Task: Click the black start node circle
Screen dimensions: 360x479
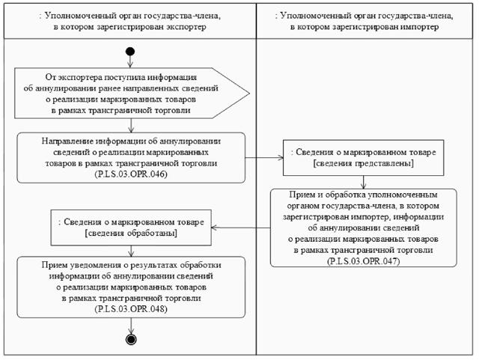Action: pyautogui.click(x=131, y=52)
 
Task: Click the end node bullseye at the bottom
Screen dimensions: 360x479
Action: pyautogui.click(x=132, y=339)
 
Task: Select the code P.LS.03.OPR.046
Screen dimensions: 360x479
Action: pyautogui.click(x=131, y=174)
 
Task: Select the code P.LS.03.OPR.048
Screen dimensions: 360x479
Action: pyautogui.click(x=131, y=308)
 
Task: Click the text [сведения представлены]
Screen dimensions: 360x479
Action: pyautogui.click(x=363, y=163)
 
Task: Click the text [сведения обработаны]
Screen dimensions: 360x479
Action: pyautogui.click(x=131, y=233)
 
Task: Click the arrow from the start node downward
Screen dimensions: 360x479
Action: pyautogui.click(x=131, y=61)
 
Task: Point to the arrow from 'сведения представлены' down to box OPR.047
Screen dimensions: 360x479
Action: pyautogui.click(x=364, y=181)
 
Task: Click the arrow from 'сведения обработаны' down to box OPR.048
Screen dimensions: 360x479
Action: pyautogui.click(x=131, y=251)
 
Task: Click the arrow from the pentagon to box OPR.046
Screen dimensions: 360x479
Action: pyautogui.click(x=131, y=125)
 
